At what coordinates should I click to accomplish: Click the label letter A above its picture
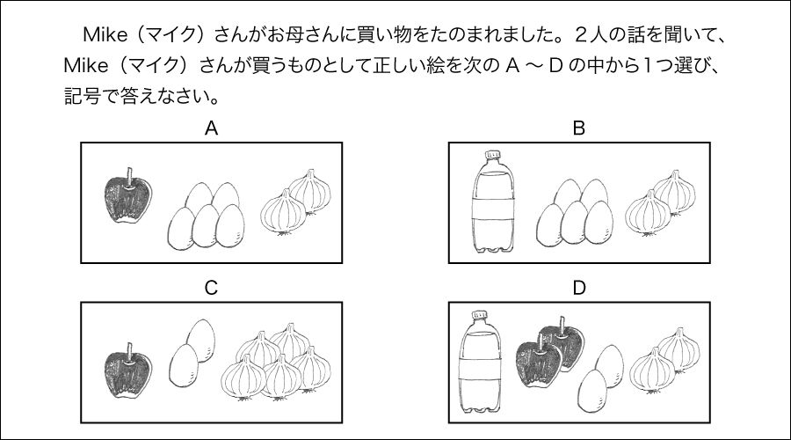pos(211,128)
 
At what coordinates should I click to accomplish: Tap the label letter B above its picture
pos(578,128)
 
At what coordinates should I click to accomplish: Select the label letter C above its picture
pos(211,288)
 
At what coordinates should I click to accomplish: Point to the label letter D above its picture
pos(579,288)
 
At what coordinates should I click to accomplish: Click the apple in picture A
pos(128,197)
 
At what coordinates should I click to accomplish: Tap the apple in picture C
pos(128,370)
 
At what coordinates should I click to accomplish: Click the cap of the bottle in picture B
pos(492,155)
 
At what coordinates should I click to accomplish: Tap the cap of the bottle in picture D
pos(480,315)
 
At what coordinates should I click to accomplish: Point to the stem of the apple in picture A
pos(130,177)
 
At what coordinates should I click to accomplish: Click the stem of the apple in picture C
pos(130,352)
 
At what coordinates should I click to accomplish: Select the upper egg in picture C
pos(200,340)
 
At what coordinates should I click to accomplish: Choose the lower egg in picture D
pos(592,391)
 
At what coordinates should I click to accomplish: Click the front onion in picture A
pos(284,213)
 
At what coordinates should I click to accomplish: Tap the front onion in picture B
pos(649,213)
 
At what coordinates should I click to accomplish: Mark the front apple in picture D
pos(540,363)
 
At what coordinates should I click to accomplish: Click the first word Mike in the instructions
pos(105,35)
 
